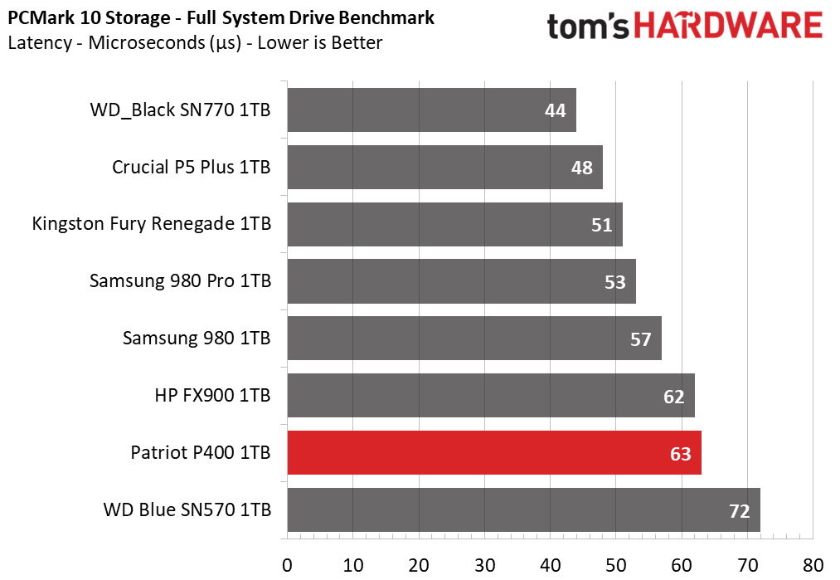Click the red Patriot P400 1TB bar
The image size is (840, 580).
click(494, 452)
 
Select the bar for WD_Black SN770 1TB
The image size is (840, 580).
click(432, 110)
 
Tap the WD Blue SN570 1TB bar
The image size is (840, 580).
click(523, 509)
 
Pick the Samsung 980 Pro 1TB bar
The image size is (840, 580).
click(461, 281)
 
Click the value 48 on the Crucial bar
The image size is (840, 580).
click(582, 168)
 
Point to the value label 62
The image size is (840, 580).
click(674, 397)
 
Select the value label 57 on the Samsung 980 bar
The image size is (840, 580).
click(641, 339)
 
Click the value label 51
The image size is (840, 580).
click(602, 225)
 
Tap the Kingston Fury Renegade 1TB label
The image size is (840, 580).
click(152, 224)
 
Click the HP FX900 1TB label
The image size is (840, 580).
click(212, 396)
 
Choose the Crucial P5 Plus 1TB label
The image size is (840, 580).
click(192, 168)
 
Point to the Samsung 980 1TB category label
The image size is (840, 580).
click(197, 339)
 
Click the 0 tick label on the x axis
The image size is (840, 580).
click(287, 565)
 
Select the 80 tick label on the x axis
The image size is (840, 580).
click(813, 565)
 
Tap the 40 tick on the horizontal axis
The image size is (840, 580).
click(550, 565)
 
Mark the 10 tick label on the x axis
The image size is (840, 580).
click(353, 565)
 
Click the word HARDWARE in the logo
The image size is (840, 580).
click(729, 25)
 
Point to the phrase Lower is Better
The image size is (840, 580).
click(320, 43)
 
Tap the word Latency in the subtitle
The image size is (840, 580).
click(40, 43)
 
